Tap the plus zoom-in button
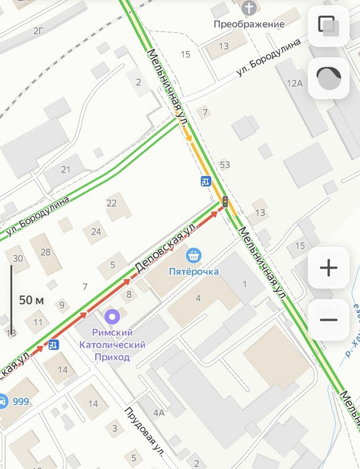click(328, 268)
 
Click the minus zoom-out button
click(328, 320)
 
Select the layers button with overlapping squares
click(328, 25)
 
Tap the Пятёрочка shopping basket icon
click(193, 255)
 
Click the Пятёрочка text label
click(193, 271)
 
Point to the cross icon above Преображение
click(249, 8)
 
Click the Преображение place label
click(249, 24)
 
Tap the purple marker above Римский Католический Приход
click(112, 316)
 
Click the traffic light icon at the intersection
click(225, 202)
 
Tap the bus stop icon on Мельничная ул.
click(205, 181)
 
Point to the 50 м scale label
click(32, 300)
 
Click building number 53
click(224, 165)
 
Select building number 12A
click(294, 83)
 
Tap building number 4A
click(159, 412)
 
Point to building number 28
click(46, 252)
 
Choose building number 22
click(111, 202)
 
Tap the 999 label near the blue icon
click(20, 402)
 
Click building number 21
click(65, 169)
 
